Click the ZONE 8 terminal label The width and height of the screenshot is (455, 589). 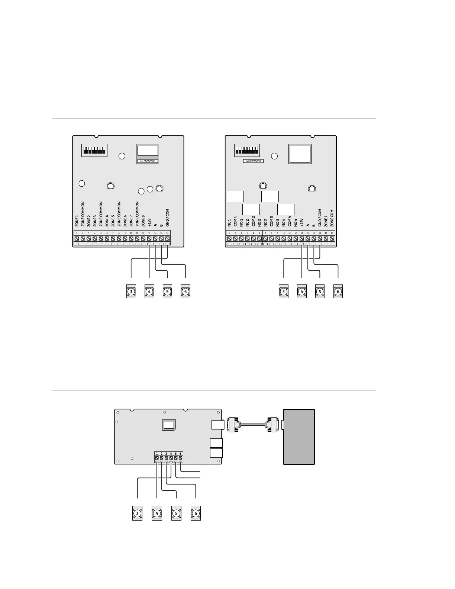click(143, 221)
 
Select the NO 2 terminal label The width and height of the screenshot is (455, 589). click(259, 222)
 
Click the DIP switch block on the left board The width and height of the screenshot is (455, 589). click(94, 150)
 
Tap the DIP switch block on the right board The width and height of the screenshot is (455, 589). click(246, 150)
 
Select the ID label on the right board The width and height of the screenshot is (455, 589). click(253, 161)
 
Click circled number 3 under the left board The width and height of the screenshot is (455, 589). click(132, 292)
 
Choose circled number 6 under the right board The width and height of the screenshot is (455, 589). click(338, 292)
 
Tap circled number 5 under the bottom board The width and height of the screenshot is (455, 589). click(176, 514)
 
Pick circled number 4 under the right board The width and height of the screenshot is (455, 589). click(302, 292)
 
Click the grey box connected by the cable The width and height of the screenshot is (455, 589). click(299, 437)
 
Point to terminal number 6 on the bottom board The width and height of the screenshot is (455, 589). click(181, 454)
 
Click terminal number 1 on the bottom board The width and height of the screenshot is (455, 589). click(157, 454)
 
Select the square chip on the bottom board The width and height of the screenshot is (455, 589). click(169, 425)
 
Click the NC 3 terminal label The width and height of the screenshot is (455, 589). click(265, 222)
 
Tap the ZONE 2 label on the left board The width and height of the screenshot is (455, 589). click(89, 221)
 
